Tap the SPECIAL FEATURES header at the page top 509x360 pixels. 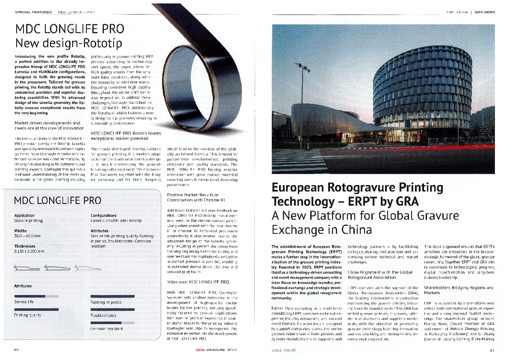pos(33,12)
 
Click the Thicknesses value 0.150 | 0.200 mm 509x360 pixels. pos(29,251)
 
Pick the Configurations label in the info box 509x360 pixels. pos(103,215)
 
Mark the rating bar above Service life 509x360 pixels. pos(36,295)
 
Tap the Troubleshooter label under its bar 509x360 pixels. pos(103,315)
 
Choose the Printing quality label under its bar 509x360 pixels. pos(27,315)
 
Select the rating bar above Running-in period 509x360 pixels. pos(112,296)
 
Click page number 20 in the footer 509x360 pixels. pos(16,349)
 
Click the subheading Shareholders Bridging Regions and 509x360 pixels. pos(459,288)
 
